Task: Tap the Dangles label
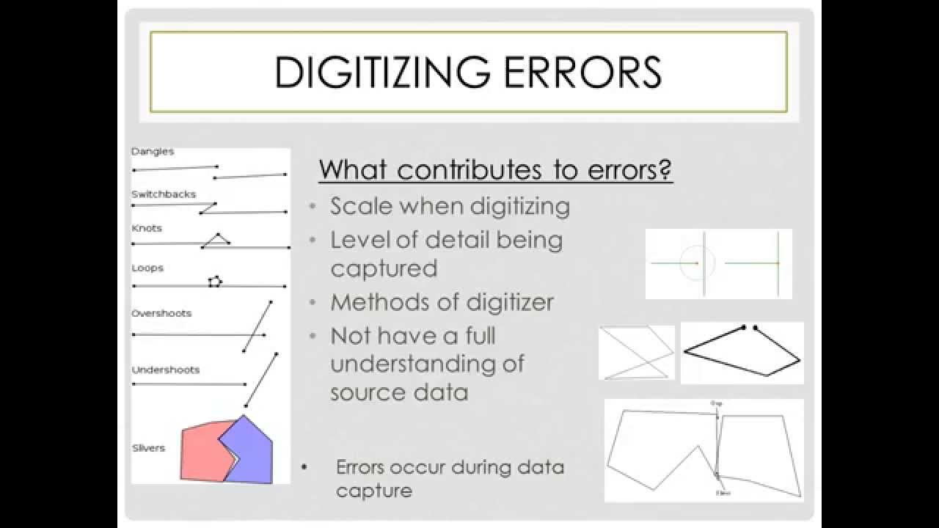point(153,152)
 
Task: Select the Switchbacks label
point(164,194)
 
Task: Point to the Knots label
point(147,228)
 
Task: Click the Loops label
point(147,268)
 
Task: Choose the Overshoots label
point(161,313)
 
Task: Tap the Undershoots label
point(166,370)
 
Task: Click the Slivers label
point(148,448)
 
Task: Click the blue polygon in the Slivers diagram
point(253,447)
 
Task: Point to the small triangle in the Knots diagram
point(216,241)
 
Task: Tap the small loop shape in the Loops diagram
point(214,281)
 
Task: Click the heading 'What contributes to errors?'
point(496,170)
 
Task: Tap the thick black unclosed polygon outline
point(741,352)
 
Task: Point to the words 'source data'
point(399,392)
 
